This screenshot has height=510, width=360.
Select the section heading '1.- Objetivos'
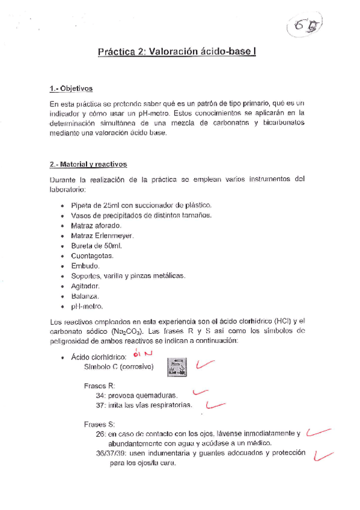click(x=71, y=89)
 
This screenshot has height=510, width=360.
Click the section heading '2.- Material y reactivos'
click(x=88, y=164)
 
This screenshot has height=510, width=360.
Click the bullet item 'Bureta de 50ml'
click(x=96, y=245)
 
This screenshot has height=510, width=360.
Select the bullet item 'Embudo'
click(x=85, y=266)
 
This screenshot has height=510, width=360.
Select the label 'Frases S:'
click(x=99, y=423)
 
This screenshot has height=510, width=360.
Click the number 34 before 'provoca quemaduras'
click(x=100, y=396)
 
